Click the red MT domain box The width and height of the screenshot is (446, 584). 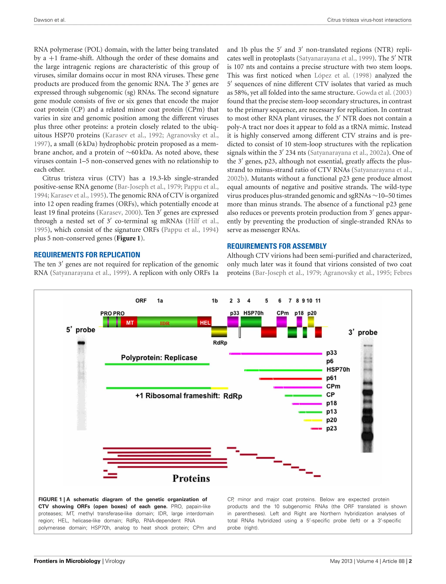(x=129, y=322)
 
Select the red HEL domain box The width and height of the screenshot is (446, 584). (x=205, y=322)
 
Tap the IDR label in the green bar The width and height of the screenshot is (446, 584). (x=165, y=323)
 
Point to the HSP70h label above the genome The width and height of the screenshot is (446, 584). (x=253, y=313)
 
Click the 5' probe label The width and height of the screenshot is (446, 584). (x=80, y=330)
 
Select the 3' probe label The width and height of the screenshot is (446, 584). (x=363, y=332)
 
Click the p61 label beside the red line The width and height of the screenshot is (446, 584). (x=331, y=378)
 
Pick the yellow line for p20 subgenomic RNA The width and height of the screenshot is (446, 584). (x=313, y=420)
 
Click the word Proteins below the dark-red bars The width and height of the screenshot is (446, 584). (x=191, y=478)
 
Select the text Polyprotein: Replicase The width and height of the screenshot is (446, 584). (x=159, y=358)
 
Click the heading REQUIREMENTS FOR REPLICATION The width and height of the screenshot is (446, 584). (x=87, y=255)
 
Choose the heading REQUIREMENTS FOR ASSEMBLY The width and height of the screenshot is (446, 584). (x=277, y=246)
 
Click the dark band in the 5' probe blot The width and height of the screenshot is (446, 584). (x=81, y=343)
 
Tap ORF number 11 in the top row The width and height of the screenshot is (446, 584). (x=318, y=301)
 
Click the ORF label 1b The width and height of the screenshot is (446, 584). (x=215, y=301)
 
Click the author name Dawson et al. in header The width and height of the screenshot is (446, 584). (x=50, y=20)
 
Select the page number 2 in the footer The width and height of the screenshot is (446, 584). (x=410, y=561)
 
